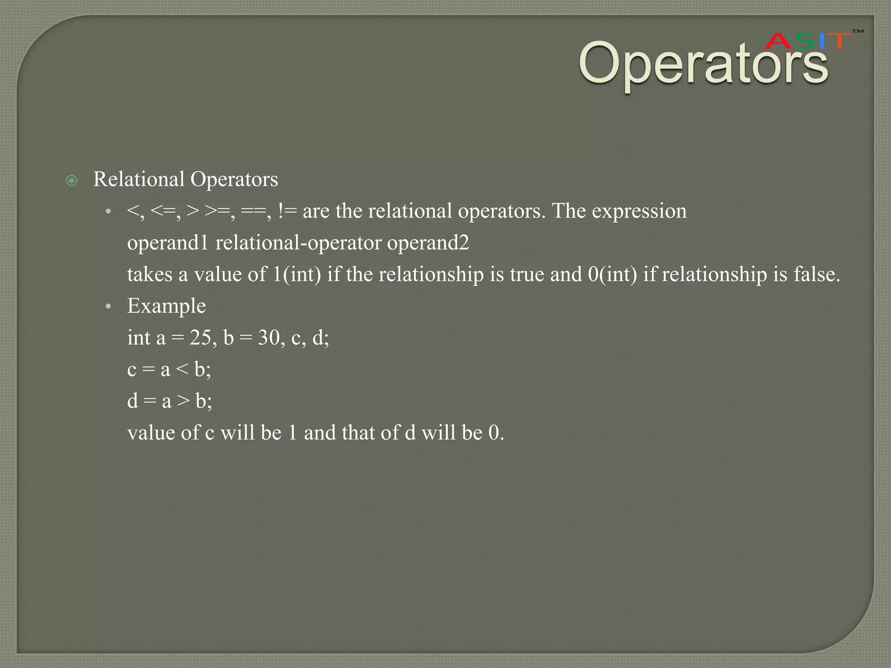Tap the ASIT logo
coord(808,41)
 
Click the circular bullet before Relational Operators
coord(72,180)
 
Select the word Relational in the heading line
coord(139,179)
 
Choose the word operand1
coord(168,243)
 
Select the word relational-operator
coord(298,243)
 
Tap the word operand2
coord(428,243)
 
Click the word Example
coord(166,306)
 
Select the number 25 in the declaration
coord(200,338)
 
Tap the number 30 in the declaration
coord(269,338)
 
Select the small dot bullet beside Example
coord(108,307)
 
